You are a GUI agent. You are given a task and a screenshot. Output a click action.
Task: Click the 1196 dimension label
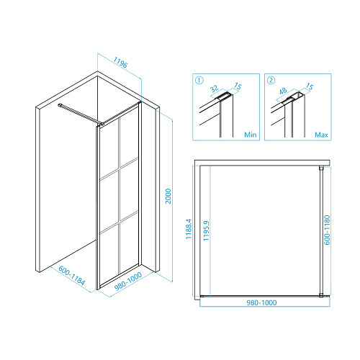point(120,62)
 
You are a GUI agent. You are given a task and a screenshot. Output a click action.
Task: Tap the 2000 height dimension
point(168,196)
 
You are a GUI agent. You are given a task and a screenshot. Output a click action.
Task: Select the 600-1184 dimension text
point(71,275)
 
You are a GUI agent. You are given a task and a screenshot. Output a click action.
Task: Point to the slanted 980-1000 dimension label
point(128,282)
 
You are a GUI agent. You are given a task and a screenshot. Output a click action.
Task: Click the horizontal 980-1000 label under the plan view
point(261,302)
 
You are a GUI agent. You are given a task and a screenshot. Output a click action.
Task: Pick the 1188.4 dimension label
point(189,229)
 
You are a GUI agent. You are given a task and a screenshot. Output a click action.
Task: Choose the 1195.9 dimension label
point(206,230)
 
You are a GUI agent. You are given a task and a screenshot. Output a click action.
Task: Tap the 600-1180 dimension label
point(327,230)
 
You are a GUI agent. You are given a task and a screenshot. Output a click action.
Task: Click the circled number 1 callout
point(199,80)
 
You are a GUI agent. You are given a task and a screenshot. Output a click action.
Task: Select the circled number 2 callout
point(271,80)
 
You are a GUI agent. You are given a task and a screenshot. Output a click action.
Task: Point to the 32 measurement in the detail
point(215,89)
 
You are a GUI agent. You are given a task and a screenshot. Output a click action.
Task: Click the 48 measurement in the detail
point(283,91)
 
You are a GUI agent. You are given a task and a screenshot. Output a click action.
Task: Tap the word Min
point(251,135)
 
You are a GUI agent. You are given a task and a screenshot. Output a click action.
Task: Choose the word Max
point(321,135)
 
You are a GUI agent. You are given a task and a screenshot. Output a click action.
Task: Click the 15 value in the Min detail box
point(238,86)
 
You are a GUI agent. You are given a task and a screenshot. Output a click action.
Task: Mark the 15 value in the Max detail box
point(309,86)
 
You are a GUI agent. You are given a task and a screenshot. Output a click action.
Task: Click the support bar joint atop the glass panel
point(102,124)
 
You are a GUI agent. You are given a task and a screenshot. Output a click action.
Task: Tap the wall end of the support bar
point(60,104)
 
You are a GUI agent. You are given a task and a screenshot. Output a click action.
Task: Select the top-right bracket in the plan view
point(321,168)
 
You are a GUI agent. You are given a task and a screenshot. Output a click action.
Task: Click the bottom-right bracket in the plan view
point(321,295)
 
